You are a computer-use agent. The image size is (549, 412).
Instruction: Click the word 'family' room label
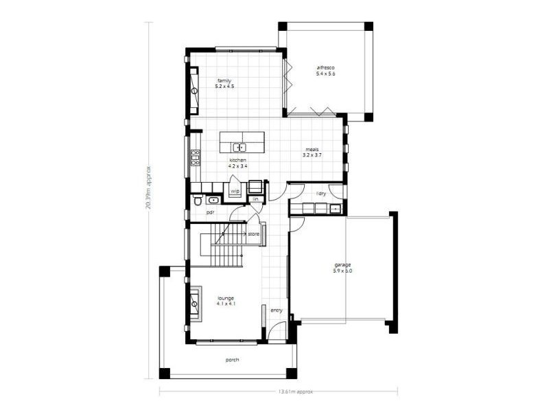click(x=224, y=80)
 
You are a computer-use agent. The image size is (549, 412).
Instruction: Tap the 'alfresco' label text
click(x=325, y=67)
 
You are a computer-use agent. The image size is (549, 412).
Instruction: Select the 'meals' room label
click(x=312, y=149)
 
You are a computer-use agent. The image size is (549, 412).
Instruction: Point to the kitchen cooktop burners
click(x=195, y=159)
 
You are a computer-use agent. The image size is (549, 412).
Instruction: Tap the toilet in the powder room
click(x=197, y=201)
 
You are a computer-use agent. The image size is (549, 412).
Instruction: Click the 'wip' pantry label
click(x=235, y=191)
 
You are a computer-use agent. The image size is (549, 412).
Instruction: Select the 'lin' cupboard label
click(x=255, y=199)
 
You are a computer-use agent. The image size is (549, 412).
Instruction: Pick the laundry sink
click(x=335, y=209)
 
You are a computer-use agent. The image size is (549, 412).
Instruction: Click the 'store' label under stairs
click(x=253, y=234)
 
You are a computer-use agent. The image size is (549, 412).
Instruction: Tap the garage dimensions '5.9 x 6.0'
click(x=342, y=271)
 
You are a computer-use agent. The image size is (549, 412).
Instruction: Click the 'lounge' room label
click(x=226, y=298)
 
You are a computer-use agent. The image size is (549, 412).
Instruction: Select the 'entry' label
click(x=277, y=310)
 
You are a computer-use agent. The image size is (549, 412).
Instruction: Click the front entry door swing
click(x=275, y=334)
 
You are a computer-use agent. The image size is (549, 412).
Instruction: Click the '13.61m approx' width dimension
click(x=296, y=391)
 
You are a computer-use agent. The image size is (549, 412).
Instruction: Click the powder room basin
click(x=213, y=201)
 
